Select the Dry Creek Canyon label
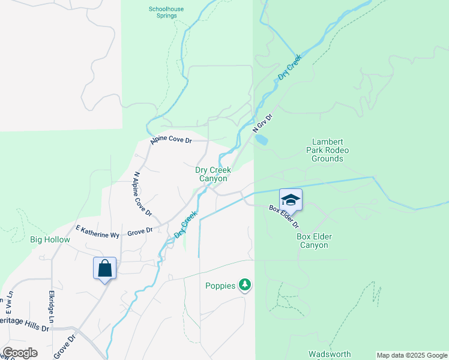(x=213, y=174)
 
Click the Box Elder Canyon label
(x=314, y=241)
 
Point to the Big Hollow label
(x=50, y=239)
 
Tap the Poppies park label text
(x=220, y=286)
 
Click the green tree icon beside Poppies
(x=244, y=284)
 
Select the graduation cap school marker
(x=291, y=200)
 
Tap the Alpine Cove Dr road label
(x=171, y=140)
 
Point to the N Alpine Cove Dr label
(x=142, y=194)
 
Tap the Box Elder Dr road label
(x=284, y=216)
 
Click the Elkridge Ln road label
(x=51, y=308)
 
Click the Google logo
(x=20, y=353)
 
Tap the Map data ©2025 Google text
(x=412, y=355)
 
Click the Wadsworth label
(x=328, y=354)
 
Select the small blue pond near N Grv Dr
(x=261, y=139)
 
